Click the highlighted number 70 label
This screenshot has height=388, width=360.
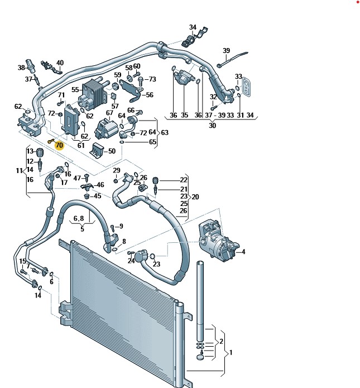tap(60, 146)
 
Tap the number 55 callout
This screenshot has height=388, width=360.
tap(75, 89)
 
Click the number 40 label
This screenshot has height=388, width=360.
tap(60, 63)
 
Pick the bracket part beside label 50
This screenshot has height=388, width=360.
tap(98, 150)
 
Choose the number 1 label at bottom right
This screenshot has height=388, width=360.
tap(231, 353)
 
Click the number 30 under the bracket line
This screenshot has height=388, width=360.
tap(212, 126)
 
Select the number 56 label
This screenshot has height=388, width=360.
tap(149, 95)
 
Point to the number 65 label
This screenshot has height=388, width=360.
tap(152, 142)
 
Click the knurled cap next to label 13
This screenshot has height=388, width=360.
tap(40, 153)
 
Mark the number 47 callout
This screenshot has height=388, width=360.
tap(78, 178)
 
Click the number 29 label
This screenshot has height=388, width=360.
tap(117, 170)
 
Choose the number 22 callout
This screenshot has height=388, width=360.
tap(184, 180)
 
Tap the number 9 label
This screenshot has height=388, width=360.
tap(121, 226)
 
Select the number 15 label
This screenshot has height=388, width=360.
tap(23, 261)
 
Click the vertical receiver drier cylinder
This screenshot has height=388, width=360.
tap(200, 296)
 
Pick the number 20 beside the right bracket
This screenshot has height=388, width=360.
tap(195, 197)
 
